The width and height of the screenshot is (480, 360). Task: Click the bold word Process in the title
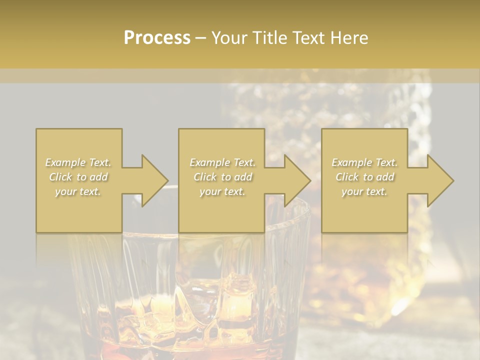point(157,38)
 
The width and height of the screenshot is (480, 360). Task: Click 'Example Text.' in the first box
point(78,162)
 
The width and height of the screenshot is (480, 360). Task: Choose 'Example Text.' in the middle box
point(222,162)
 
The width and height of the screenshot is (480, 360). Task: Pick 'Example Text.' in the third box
point(364,162)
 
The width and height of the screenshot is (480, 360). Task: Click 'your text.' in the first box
point(78,191)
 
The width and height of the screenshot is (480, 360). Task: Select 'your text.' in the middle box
point(222,191)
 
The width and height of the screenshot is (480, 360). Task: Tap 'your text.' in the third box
point(364,191)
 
